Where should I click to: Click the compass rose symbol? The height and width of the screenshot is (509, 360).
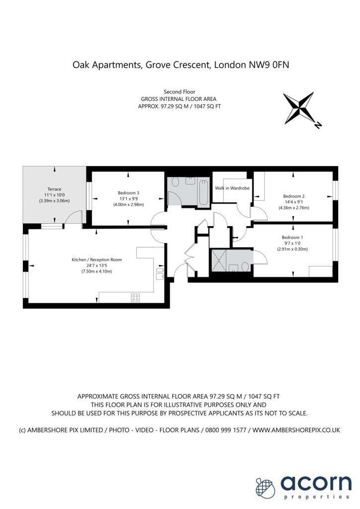tap(298, 108)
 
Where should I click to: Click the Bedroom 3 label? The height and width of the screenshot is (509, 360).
tap(128, 193)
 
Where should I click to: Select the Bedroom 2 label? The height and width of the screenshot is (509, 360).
tap(293, 196)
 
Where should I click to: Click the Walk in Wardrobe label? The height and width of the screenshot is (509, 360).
tap(232, 188)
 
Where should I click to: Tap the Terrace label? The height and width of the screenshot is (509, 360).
tap(54, 189)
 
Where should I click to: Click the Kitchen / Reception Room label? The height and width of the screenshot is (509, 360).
tap(96, 259)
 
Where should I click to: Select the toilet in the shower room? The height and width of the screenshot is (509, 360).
tap(245, 266)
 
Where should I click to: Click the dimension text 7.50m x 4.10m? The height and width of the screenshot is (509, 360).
tap(96, 271)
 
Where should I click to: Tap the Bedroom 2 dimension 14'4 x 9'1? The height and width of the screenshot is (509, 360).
tap(293, 202)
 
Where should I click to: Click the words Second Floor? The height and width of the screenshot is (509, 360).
tap(180, 91)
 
